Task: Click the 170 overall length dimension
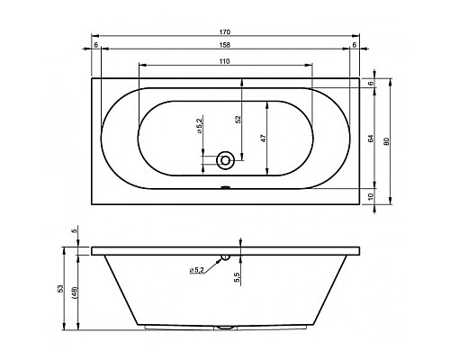tap(225, 31)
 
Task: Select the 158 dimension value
tap(225, 45)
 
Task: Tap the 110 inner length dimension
tap(224, 61)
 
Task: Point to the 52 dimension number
tap(238, 119)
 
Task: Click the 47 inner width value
tap(263, 139)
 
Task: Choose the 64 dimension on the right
tap(371, 139)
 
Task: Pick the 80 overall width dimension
tap(386, 141)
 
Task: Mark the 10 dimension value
tap(371, 196)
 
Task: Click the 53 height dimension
tap(60, 289)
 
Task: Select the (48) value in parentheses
tap(75, 292)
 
